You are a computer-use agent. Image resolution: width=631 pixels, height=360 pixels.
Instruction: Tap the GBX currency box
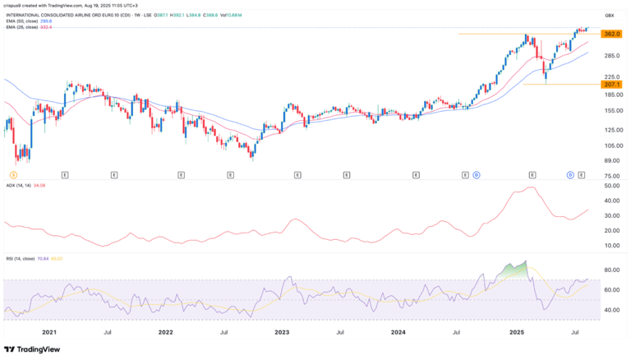point(610,15)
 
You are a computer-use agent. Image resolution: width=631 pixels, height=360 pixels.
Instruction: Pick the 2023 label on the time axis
point(281,333)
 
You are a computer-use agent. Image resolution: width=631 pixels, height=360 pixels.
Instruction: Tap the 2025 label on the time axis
point(516,333)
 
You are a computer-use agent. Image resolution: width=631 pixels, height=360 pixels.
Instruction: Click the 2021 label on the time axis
point(49,333)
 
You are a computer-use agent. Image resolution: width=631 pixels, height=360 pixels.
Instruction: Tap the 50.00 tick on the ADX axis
point(610,187)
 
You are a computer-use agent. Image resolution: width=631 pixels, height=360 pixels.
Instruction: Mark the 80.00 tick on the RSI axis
point(610,270)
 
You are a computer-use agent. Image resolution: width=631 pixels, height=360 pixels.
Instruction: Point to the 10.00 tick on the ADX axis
point(610,245)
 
